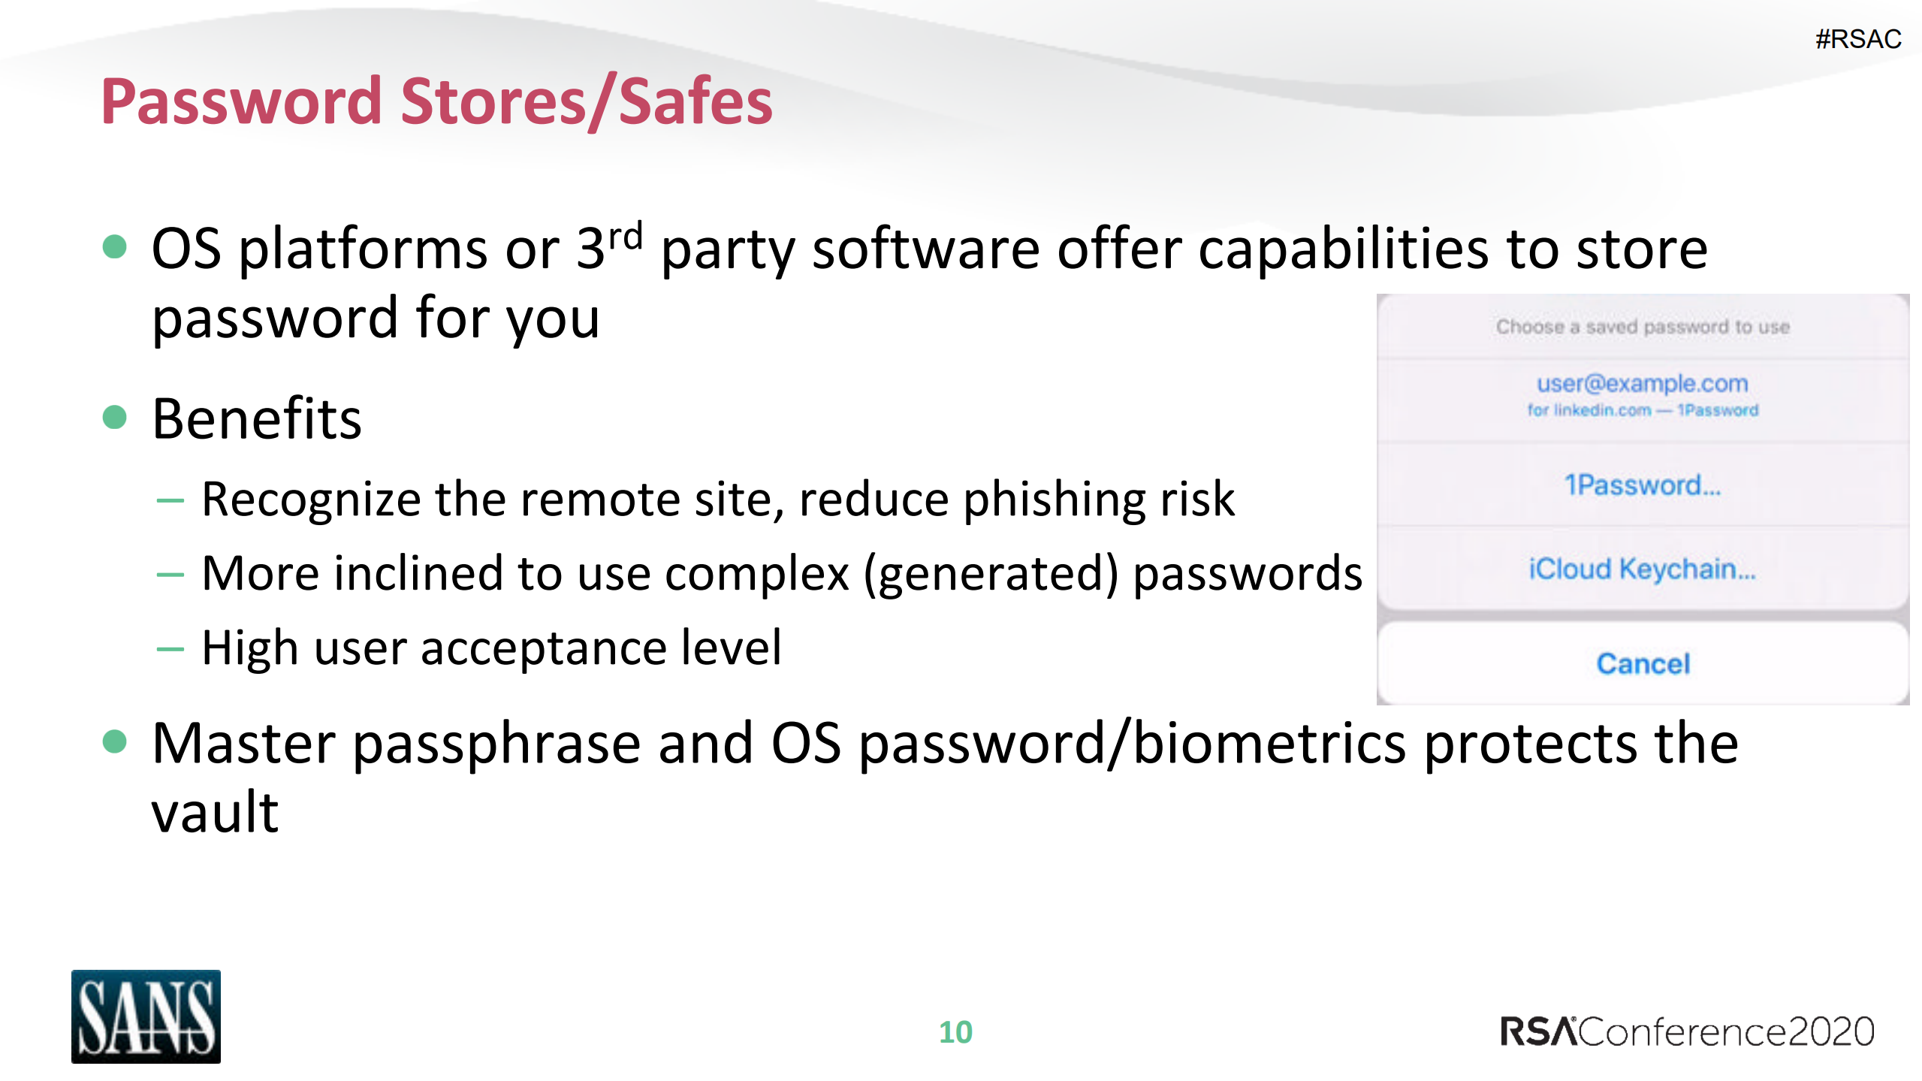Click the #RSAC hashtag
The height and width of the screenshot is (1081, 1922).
[x=1857, y=39]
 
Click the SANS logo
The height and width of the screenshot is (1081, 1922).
[x=146, y=1016]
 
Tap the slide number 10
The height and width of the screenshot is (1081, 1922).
[x=955, y=1032]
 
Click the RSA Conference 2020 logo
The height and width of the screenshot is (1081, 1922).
[x=1687, y=1031]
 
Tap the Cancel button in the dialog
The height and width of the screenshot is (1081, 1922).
[x=1643, y=664]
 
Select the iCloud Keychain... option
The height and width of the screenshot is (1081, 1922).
[x=1643, y=569]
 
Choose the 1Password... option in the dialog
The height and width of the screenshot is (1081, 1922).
[x=1643, y=485]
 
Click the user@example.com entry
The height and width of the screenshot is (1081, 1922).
[x=1643, y=384]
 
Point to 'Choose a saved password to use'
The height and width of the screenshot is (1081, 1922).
[x=1643, y=327]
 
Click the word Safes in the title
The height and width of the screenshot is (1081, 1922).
[x=695, y=101]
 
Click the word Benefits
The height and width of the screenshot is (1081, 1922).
[x=257, y=418]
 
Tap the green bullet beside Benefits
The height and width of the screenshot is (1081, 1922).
[x=114, y=417]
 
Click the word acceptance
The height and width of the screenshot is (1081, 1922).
[x=544, y=648]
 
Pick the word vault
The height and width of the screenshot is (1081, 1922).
[x=215, y=813]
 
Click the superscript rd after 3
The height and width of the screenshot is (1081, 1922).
[x=626, y=237]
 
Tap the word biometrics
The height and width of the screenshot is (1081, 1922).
[x=1269, y=744]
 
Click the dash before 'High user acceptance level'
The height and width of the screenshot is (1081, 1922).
[x=170, y=648]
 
